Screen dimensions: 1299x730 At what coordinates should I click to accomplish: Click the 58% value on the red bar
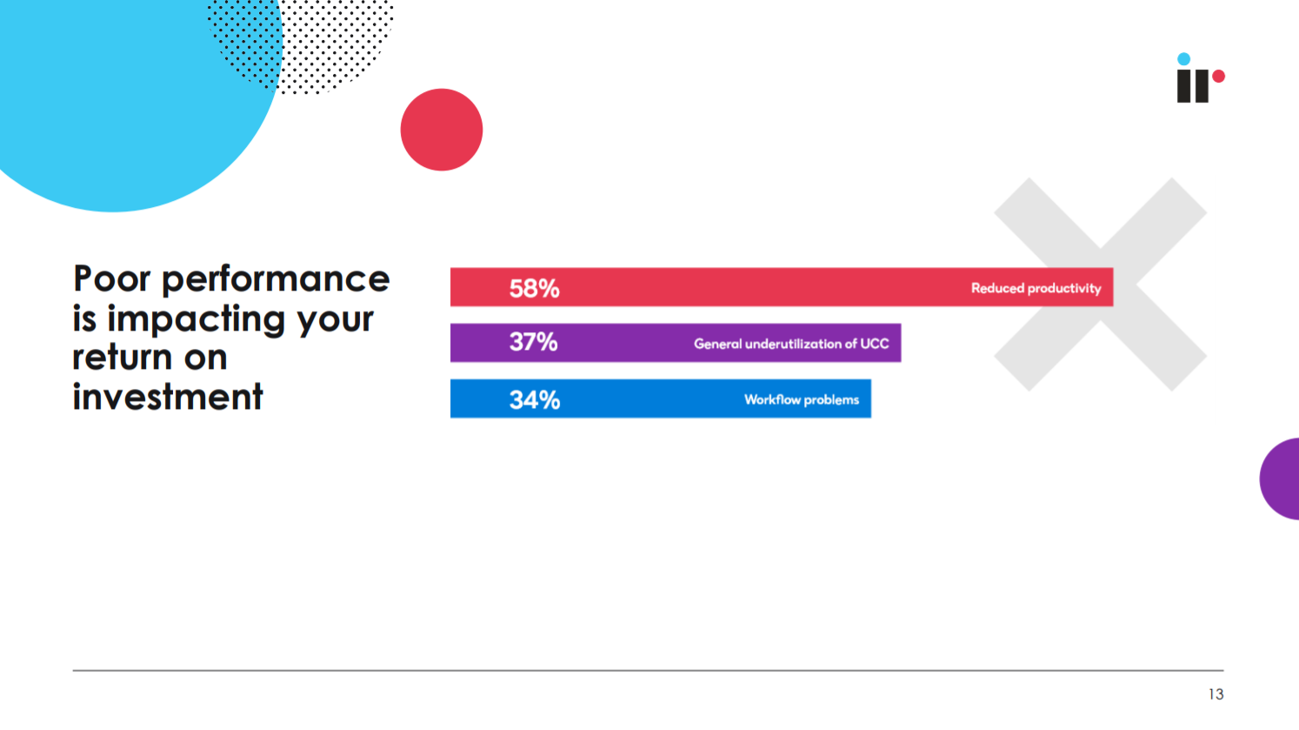pyautogui.click(x=534, y=288)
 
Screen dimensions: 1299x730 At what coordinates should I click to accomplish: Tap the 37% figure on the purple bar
pyautogui.click(x=534, y=342)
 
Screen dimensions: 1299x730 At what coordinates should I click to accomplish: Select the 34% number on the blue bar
pyautogui.click(x=534, y=400)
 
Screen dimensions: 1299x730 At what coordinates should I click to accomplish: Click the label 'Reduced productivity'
pyautogui.click(x=1036, y=288)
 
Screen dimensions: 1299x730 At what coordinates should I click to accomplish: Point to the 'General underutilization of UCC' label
pyautogui.click(x=791, y=344)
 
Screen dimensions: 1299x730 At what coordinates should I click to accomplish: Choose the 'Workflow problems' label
pyautogui.click(x=802, y=400)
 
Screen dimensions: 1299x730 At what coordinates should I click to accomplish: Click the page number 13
pyautogui.click(x=1216, y=694)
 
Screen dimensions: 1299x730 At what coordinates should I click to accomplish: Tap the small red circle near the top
pyautogui.click(x=442, y=130)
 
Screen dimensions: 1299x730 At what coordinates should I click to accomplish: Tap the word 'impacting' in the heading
pyautogui.click(x=196, y=319)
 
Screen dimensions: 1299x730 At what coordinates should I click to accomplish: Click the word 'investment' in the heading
pyautogui.click(x=168, y=397)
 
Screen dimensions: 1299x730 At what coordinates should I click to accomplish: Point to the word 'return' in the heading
pyautogui.click(x=123, y=358)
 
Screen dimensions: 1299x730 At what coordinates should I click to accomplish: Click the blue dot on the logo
pyautogui.click(x=1183, y=58)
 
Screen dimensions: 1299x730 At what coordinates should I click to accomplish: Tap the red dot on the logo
pyautogui.click(x=1218, y=76)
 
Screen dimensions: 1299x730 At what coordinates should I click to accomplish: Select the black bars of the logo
pyautogui.click(x=1192, y=86)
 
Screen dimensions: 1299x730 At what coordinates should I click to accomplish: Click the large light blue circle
pyautogui.click(x=116, y=87)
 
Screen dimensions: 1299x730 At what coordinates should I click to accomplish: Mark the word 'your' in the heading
pyautogui.click(x=336, y=321)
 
